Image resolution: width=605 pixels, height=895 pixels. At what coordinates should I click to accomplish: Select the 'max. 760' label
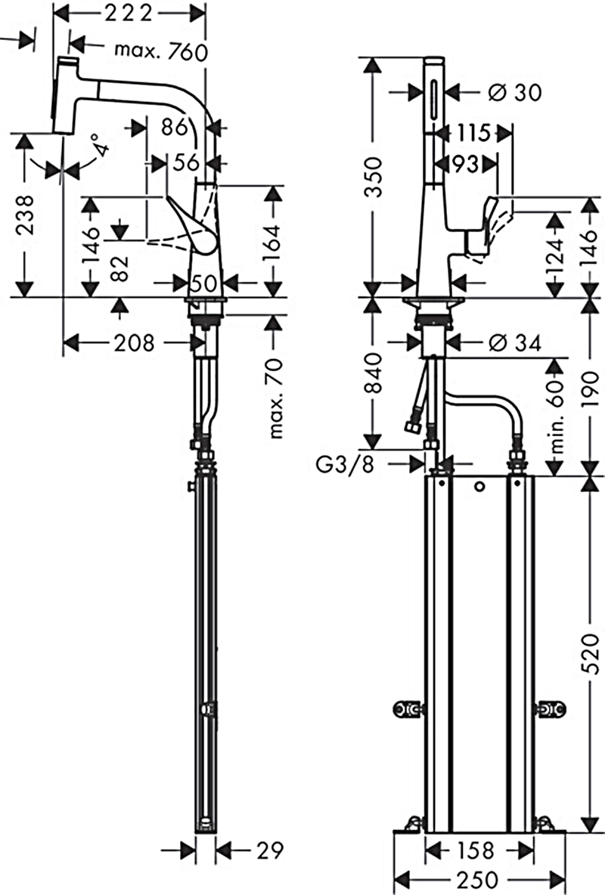click(160, 51)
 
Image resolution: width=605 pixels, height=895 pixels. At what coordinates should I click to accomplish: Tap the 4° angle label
click(99, 144)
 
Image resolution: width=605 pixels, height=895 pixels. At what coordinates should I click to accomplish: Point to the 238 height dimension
click(24, 216)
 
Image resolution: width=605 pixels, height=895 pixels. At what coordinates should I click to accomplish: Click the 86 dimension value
click(174, 128)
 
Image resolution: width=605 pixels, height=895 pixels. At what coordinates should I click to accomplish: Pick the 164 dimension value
click(274, 240)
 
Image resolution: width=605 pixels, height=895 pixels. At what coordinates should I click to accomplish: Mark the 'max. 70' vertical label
click(276, 398)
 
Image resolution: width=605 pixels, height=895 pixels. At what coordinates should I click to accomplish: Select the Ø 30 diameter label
click(515, 92)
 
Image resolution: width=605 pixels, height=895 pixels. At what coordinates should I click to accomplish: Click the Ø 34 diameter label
click(515, 343)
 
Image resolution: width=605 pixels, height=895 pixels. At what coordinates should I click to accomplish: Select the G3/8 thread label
click(345, 463)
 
